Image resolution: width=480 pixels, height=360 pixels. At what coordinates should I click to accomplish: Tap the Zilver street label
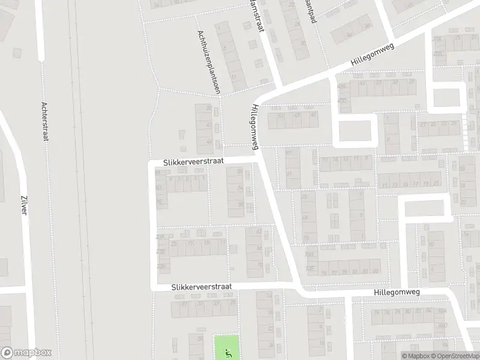click(x=24, y=207)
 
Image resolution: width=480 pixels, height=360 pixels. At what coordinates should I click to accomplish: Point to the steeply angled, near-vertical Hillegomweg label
click(x=256, y=127)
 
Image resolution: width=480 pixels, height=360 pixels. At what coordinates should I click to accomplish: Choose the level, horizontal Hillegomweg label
click(x=396, y=291)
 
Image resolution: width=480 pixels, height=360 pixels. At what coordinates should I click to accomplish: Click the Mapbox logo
click(x=26, y=353)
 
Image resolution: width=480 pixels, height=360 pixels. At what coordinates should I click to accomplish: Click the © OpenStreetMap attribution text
click(x=457, y=356)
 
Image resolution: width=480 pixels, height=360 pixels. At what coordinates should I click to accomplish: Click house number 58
click(x=241, y=205)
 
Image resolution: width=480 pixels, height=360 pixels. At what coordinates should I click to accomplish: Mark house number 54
click(x=240, y=188)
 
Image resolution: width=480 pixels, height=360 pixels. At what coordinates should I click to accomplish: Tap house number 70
click(x=259, y=265)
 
